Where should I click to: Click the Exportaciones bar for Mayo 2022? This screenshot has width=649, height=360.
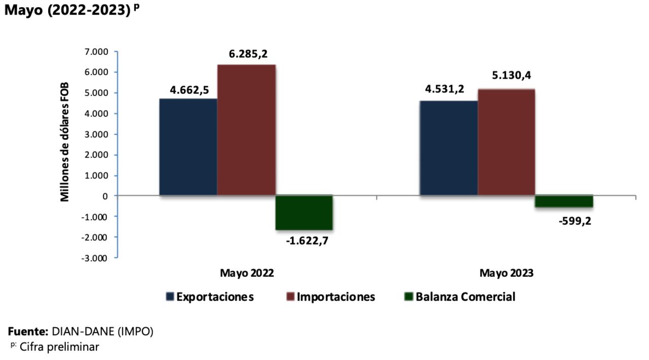[188, 147]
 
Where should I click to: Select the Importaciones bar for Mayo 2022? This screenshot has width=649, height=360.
[246, 130]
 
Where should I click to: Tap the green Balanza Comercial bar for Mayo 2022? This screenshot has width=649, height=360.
[304, 212]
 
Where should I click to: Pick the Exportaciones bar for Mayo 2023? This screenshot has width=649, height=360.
[448, 148]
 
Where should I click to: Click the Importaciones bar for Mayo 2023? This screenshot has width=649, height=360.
[506, 142]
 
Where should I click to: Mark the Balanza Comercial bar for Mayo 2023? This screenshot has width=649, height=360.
[564, 201]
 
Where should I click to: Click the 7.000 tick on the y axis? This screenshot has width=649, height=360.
[97, 52]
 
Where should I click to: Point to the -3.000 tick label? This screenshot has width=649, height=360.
[95, 258]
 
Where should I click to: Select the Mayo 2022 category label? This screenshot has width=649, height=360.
[247, 273]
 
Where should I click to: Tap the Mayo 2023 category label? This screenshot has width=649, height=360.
[507, 273]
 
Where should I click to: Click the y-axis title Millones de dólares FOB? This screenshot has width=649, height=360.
[65, 142]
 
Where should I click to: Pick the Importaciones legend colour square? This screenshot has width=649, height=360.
[291, 297]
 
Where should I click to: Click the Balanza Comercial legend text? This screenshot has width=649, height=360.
[465, 297]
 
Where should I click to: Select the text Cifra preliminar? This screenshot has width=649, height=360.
[59, 347]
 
